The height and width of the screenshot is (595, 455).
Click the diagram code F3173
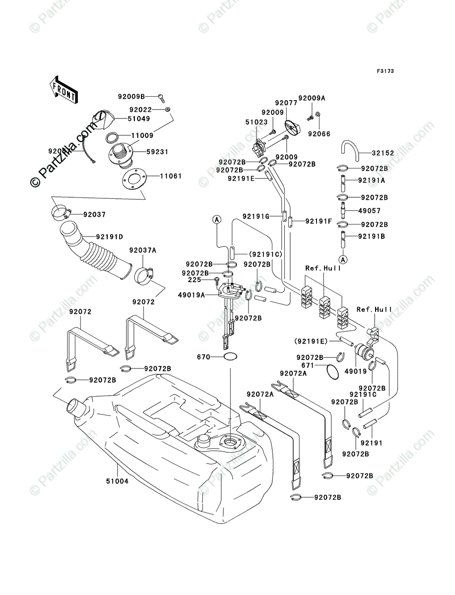(385, 71)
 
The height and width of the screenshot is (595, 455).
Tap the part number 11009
(142, 135)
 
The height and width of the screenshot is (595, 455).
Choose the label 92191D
(110, 237)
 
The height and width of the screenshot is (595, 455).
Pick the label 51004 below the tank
(117, 480)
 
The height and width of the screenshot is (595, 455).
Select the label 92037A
(143, 251)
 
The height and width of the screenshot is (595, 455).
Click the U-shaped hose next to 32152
(350, 151)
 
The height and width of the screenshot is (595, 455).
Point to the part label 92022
(143, 110)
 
